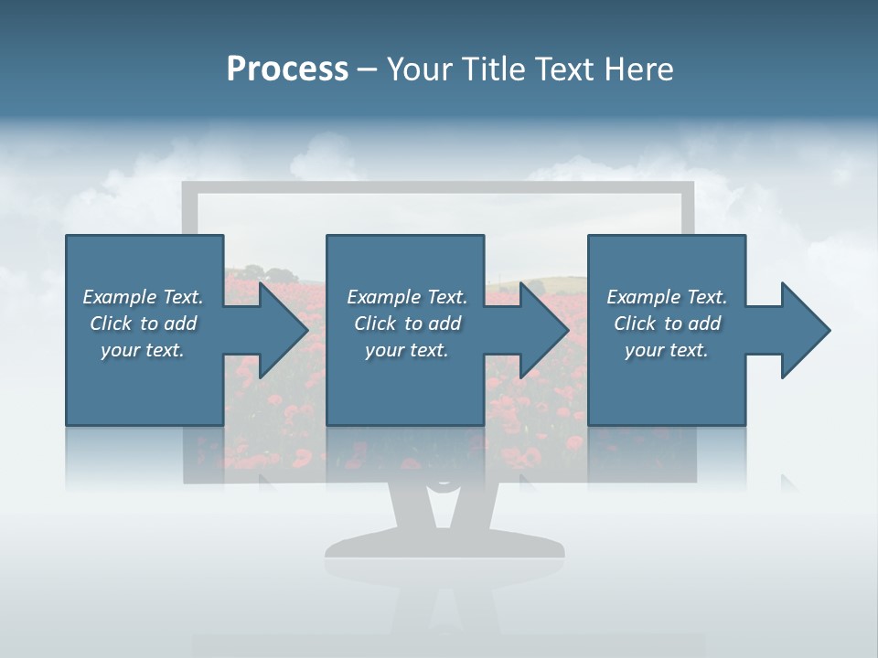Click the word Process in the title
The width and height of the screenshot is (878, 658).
click(287, 69)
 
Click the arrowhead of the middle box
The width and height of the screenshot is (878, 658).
click(542, 330)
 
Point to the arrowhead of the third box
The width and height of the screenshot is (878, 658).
click(804, 330)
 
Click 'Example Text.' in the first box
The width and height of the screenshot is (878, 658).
click(143, 297)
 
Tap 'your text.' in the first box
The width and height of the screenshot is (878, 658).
click(143, 350)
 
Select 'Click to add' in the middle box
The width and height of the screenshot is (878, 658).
click(407, 324)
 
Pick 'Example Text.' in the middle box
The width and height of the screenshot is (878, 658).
click(407, 297)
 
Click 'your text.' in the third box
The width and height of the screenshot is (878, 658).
click(667, 350)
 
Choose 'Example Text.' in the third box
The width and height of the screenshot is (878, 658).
click(667, 297)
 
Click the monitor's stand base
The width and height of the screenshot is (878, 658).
click(444, 547)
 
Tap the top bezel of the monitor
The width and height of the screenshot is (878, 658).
click(439, 187)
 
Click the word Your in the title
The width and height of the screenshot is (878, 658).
click(417, 69)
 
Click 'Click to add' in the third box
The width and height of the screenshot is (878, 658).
click(667, 324)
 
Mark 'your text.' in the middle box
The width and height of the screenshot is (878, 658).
click(407, 350)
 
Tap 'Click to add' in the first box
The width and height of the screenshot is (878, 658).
click(143, 324)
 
